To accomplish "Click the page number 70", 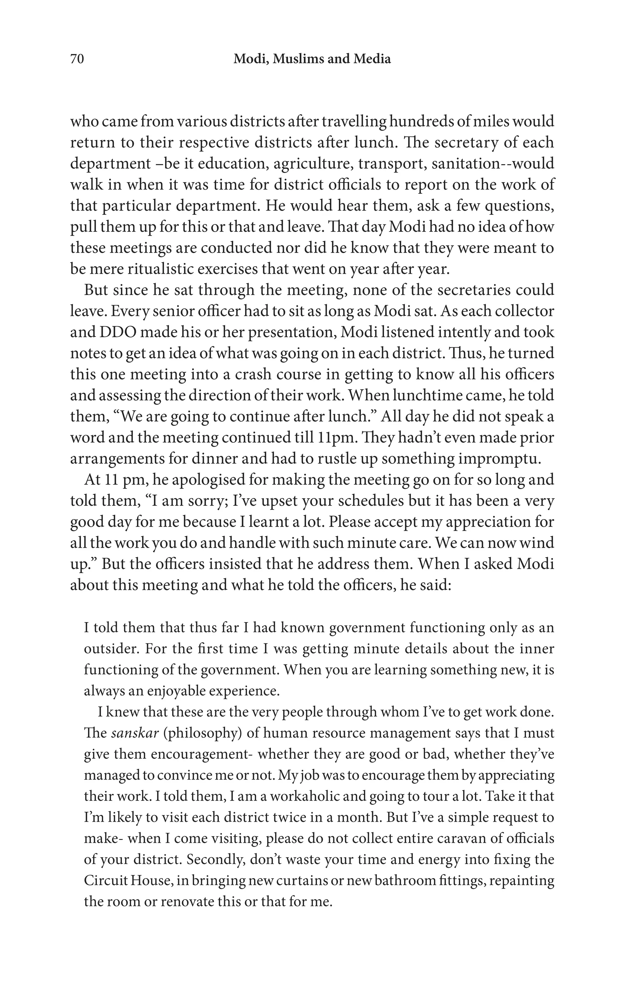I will pyautogui.click(x=77, y=59).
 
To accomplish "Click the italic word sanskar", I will pyautogui.click(x=134, y=733).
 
